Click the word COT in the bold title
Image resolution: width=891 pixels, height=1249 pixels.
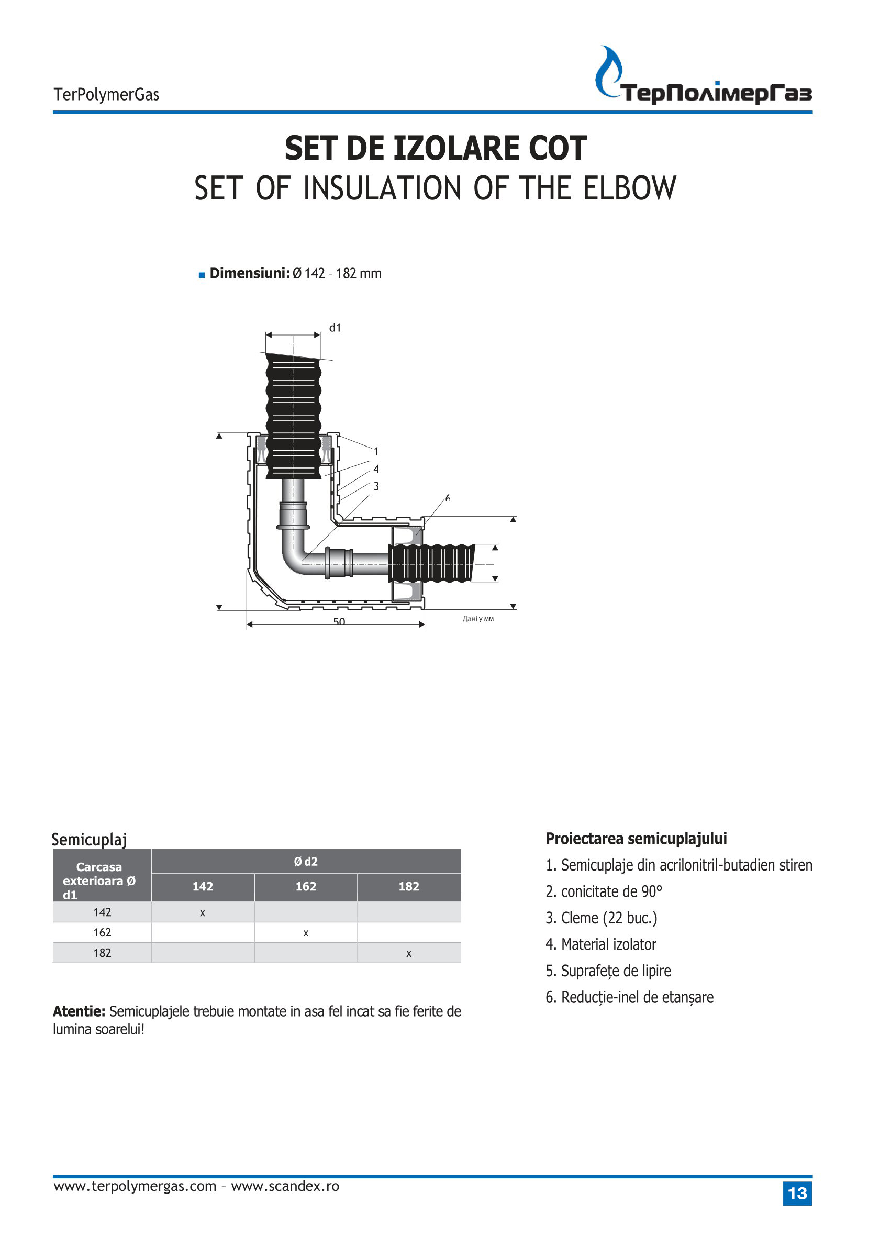[x=558, y=149]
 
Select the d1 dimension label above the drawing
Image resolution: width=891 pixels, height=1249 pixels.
[x=335, y=328]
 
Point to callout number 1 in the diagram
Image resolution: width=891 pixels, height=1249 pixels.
[x=376, y=451]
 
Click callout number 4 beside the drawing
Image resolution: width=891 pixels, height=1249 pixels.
[x=376, y=469]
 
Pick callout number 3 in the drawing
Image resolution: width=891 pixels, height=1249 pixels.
[x=376, y=486]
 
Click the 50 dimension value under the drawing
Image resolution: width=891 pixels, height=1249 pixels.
[x=339, y=621]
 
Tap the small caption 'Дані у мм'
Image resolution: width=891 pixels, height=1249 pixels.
[x=478, y=619]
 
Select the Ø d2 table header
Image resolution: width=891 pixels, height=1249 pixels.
[x=306, y=861]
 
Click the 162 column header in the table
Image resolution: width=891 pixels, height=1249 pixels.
[x=306, y=886]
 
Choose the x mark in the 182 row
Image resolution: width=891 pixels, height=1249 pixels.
[x=409, y=953]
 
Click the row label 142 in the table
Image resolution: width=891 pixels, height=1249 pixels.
[x=102, y=912]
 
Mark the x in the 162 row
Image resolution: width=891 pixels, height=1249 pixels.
[x=306, y=933]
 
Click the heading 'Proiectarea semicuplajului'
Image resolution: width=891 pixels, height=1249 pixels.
[x=637, y=839]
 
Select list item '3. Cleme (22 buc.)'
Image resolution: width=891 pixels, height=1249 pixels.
[x=602, y=918]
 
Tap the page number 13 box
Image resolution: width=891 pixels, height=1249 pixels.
[x=797, y=1194]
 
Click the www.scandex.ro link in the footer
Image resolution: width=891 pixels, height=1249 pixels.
[x=285, y=1187]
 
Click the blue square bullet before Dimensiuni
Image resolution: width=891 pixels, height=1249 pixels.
[x=202, y=275]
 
